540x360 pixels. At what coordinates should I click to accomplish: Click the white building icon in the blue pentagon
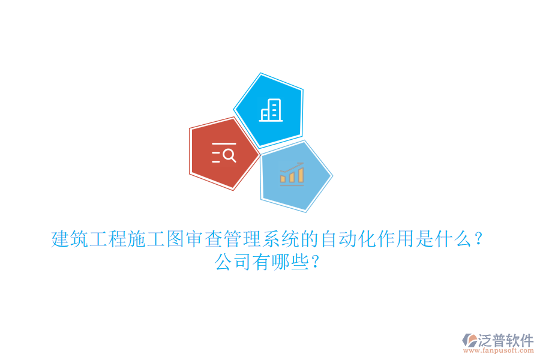(269, 110)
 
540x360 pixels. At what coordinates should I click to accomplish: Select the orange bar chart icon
(292, 173)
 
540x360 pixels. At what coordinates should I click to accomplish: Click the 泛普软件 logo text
(505, 340)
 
